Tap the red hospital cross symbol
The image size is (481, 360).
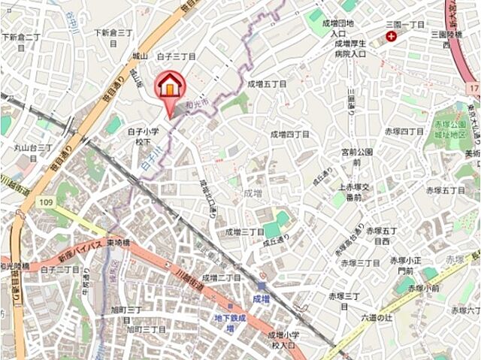point(391,36)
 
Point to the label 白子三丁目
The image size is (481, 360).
point(176,56)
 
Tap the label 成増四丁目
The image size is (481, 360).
point(289,134)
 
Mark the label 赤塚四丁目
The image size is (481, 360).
point(404,132)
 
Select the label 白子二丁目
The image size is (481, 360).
point(60,269)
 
